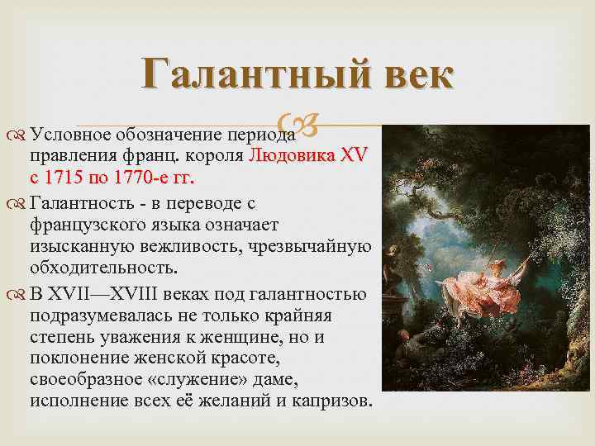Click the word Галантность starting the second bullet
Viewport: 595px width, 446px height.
(82, 202)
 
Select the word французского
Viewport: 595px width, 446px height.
(92, 225)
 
